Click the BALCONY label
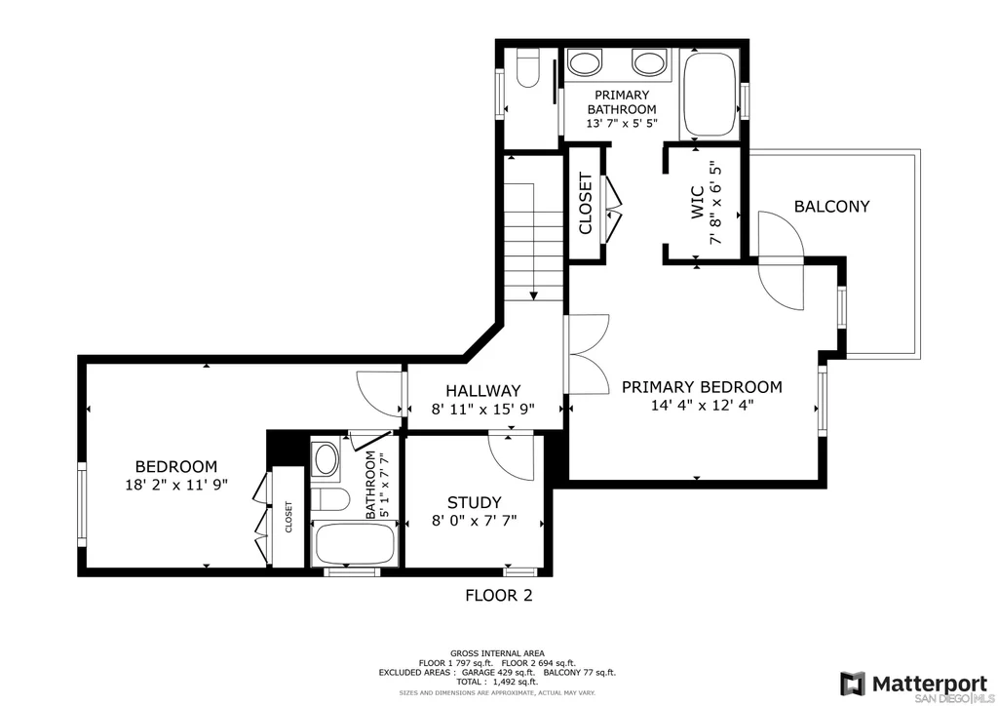[831, 207]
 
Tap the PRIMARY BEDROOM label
[702, 387]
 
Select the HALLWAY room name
[483, 391]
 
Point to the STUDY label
[475, 502]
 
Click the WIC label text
[697, 203]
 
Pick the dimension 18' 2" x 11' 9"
[176, 485]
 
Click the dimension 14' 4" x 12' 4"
[702, 405]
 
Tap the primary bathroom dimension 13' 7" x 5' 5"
[621, 123]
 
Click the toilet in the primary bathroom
[527, 67]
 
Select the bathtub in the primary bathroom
[710, 95]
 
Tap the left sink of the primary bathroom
[585, 62]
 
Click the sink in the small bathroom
[326, 459]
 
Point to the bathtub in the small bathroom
[355, 544]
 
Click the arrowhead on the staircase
[533, 295]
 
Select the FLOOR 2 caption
[498, 596]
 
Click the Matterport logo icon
[853, 684]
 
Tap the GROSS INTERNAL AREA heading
[497, 653]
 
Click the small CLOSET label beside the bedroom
[288, 517]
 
